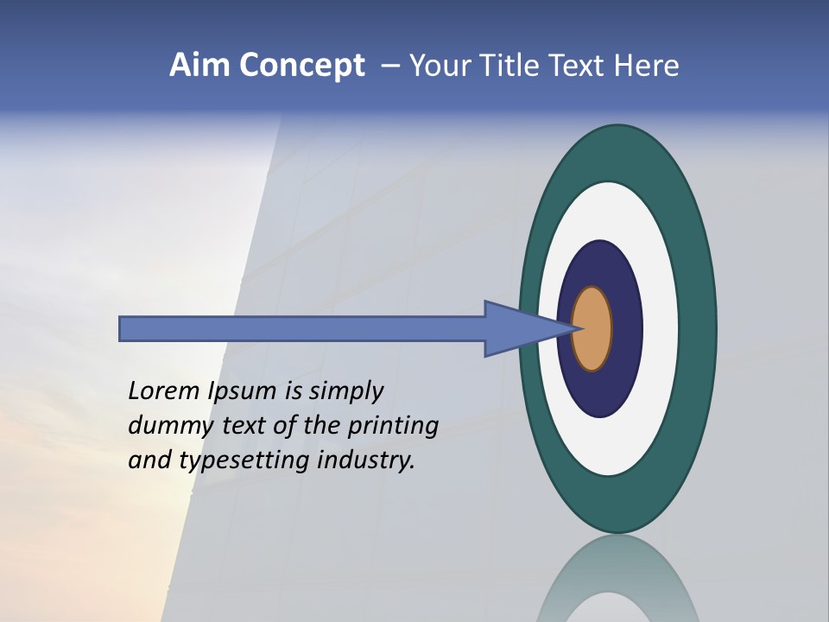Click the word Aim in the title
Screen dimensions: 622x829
pos(200,66)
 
